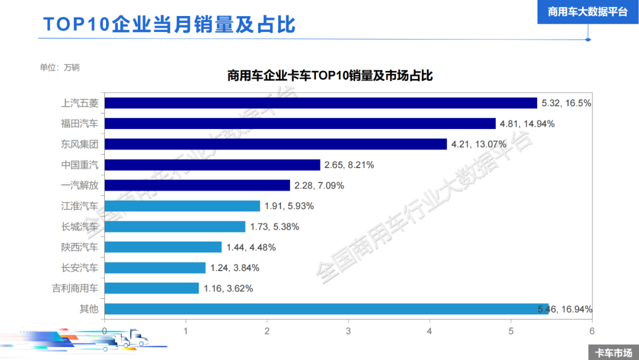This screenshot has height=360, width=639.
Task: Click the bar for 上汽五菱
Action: [319, 103]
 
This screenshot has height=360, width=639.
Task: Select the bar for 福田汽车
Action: [299, 124]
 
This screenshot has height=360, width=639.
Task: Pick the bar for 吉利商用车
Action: [151, 288]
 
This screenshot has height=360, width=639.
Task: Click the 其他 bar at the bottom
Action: [325, 309]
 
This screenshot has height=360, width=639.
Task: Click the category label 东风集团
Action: [80, 144]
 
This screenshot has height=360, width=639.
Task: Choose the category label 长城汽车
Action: [80, 227]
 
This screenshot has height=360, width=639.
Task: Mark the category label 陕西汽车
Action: [80, 247]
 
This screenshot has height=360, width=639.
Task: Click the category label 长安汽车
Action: [80, 268]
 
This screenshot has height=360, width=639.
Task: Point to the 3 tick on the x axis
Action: [348, 330]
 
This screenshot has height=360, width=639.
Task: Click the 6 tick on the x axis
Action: [592, 330]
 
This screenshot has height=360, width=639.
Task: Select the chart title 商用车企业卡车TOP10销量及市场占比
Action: [330, 76]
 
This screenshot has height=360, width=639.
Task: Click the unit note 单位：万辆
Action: [60, 67]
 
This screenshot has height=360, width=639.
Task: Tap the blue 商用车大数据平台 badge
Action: [588, 12]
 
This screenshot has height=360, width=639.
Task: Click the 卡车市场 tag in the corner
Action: [613, 352]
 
